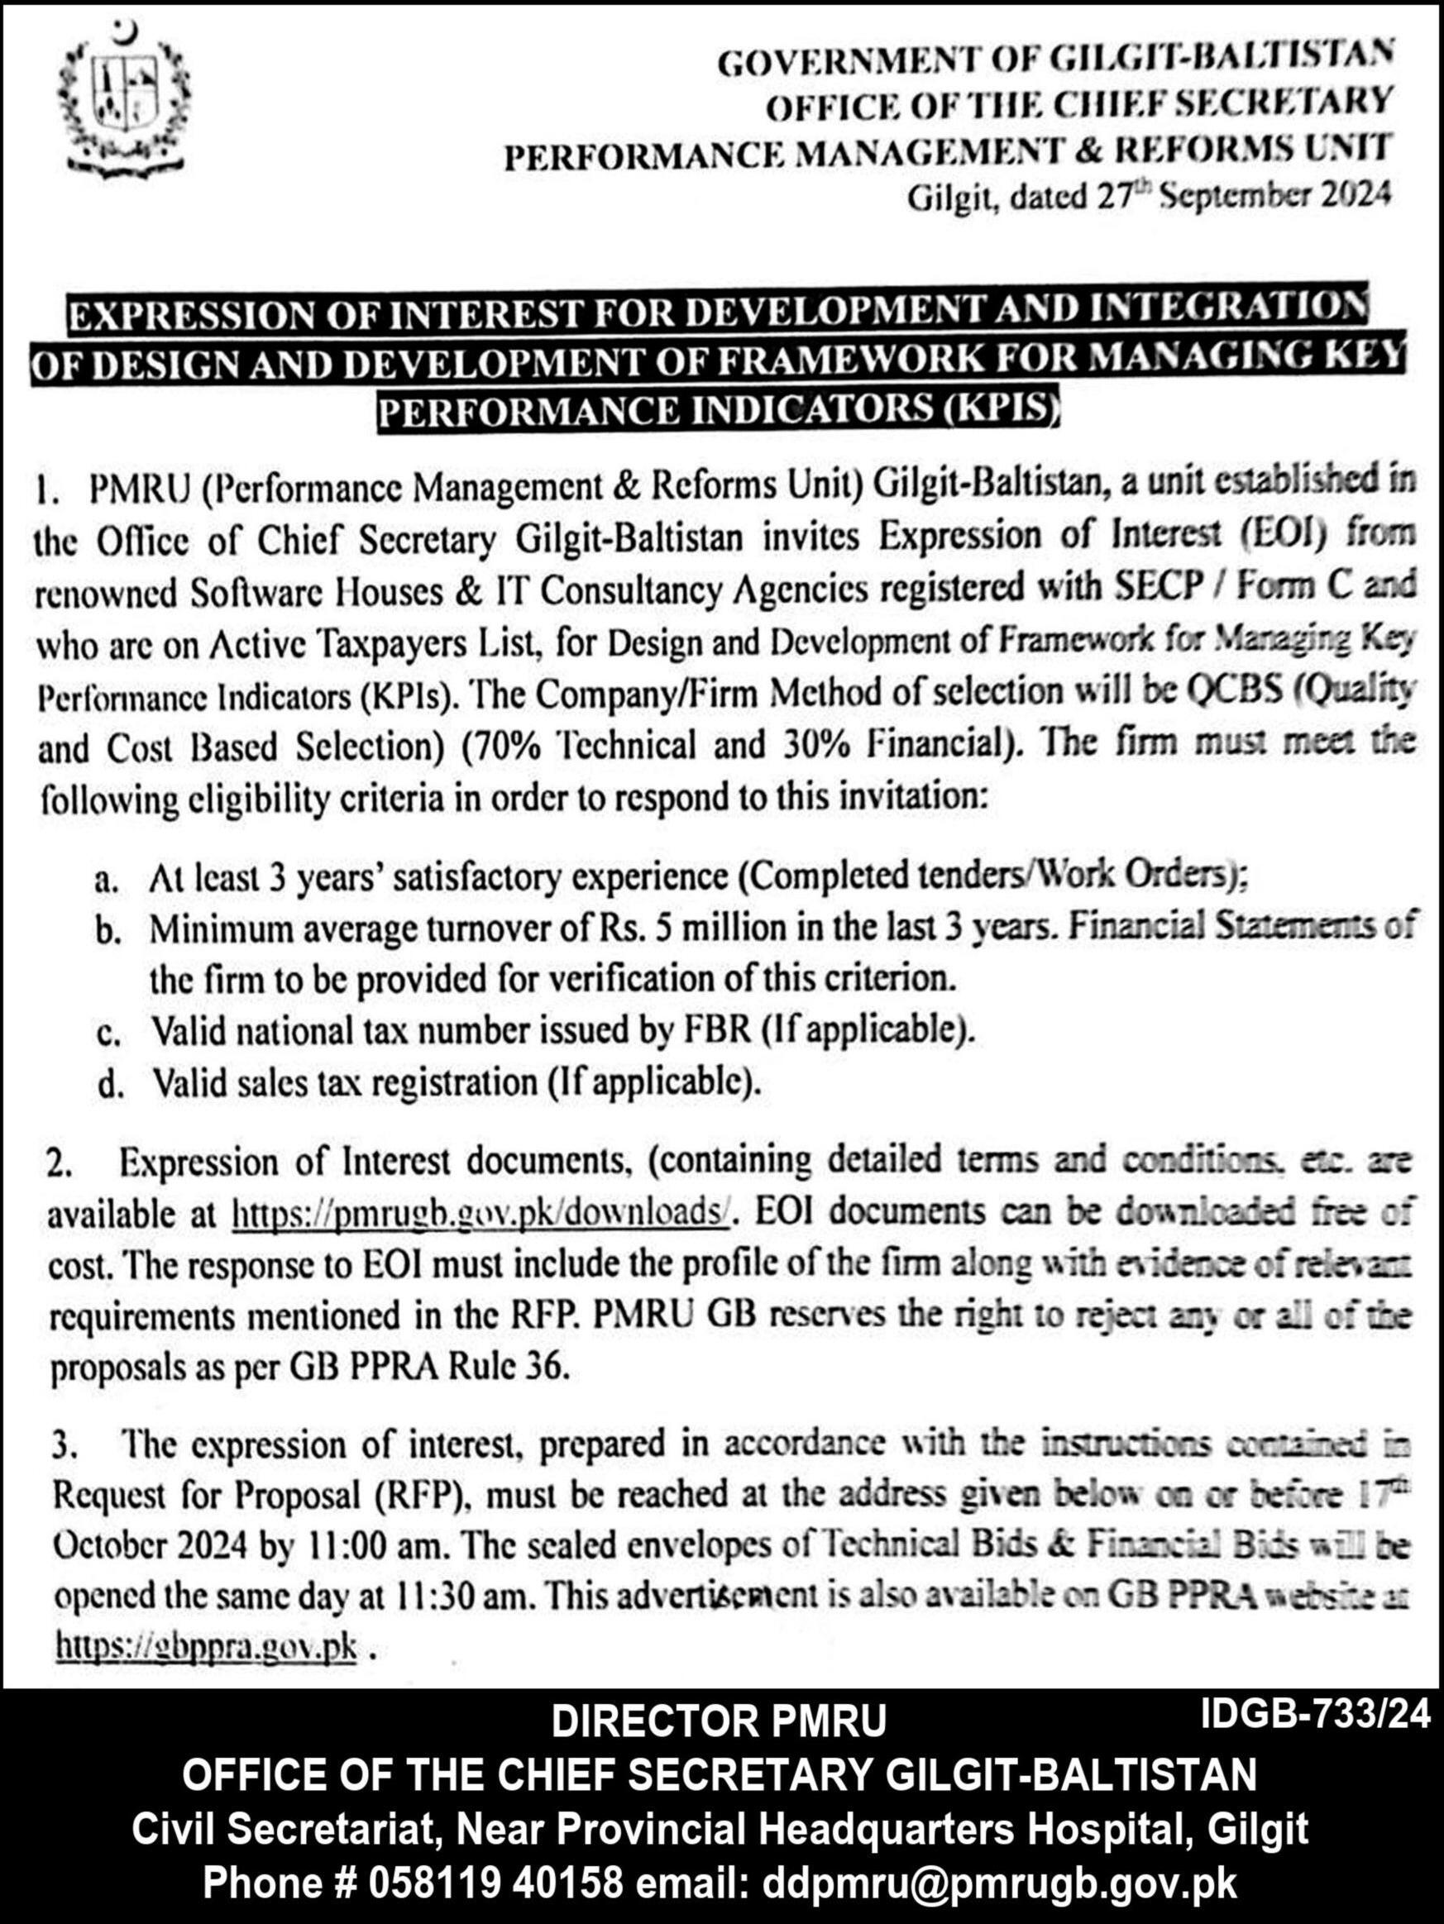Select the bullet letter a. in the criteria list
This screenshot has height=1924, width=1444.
pyautogui.click(x=108, y=881)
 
